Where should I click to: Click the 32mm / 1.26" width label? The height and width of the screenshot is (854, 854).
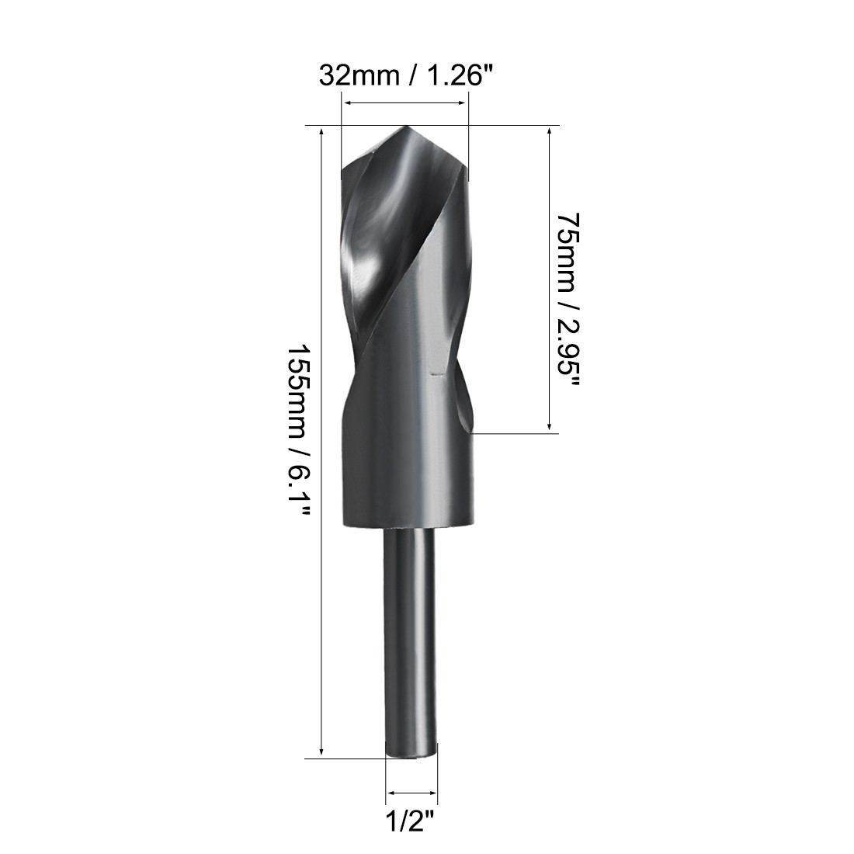[406, 77]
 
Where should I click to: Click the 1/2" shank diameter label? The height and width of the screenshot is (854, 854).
[411, 820]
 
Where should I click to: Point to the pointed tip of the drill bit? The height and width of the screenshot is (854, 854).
[406, 128]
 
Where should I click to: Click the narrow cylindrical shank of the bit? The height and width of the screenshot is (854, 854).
[411, 637]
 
